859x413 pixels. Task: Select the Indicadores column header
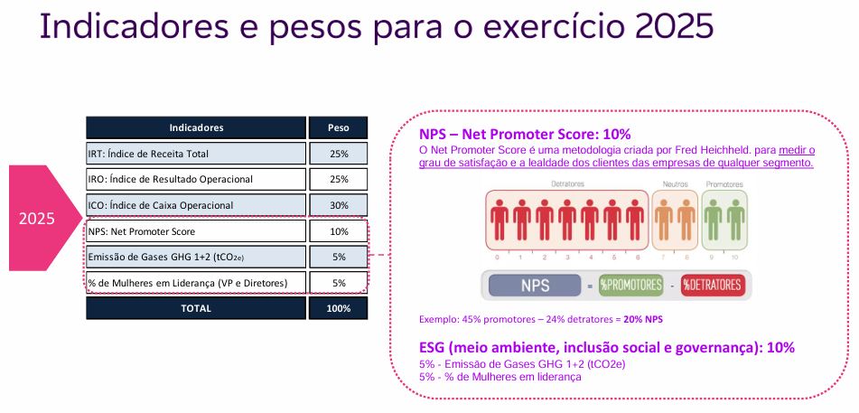(196, 127)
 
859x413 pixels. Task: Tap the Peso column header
(338, 127)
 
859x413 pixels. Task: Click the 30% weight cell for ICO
(338, 205)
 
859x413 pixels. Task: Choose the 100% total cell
(338, 308)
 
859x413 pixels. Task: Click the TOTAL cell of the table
(196, 308)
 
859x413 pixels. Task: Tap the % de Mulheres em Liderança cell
(196, 283)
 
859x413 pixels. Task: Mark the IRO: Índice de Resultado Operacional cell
(196, 179)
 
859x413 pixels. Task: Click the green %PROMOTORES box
(630, 286)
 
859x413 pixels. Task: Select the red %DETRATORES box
(714, 286)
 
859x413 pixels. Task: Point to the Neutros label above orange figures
(675, 184)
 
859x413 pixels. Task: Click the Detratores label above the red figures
(567, 183)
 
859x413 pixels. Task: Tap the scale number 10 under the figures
(734, 258)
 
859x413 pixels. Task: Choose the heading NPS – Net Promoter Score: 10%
(525, 135)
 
